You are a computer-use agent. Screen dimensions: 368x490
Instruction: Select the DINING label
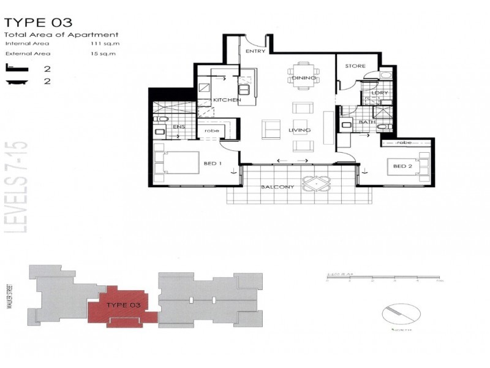304,79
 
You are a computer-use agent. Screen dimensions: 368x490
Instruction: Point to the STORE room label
355,66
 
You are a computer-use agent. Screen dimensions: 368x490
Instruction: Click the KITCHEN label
224,100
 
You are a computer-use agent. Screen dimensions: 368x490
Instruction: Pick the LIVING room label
300,130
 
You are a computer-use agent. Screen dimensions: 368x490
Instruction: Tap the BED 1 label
212,164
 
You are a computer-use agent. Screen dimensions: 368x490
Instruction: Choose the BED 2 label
402,166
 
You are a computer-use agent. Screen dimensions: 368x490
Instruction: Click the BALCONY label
277,187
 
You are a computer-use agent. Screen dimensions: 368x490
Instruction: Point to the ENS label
179,127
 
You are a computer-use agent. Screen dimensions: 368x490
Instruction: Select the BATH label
367,122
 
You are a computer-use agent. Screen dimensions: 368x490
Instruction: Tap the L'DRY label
380,93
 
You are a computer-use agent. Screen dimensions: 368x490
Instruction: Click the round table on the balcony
316,184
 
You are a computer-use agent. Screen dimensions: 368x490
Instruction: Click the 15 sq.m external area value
102,54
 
